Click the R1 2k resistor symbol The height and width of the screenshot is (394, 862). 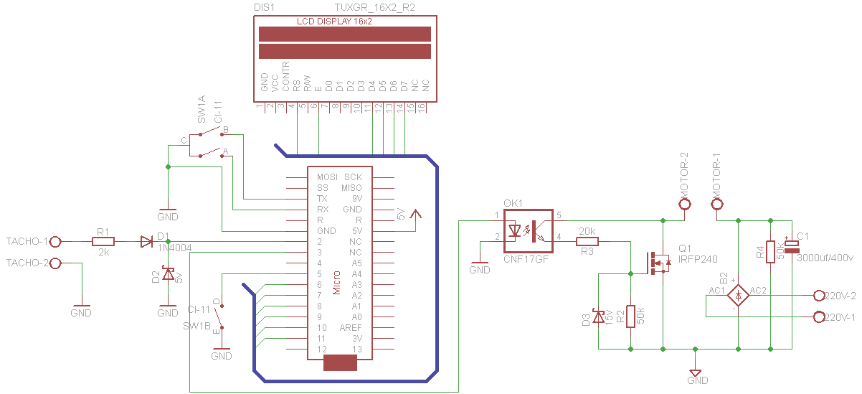103,242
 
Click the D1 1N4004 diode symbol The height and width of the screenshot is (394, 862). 146,242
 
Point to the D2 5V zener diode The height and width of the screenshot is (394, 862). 168,274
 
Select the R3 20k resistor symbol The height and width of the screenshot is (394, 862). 587,242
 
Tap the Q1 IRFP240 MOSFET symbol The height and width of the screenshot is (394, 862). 659,263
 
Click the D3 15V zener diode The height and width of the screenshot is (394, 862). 598,316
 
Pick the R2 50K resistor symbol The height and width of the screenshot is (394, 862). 630,316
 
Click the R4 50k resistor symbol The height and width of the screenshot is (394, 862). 770,251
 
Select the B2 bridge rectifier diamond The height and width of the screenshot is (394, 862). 738,295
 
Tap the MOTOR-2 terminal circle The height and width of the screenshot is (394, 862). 684,204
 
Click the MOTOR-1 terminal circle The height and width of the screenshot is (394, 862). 716,204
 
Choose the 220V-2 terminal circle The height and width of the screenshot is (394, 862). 819,295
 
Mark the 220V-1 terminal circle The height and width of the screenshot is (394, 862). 819,316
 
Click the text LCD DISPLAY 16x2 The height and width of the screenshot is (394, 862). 333,22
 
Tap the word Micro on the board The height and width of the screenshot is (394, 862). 336,282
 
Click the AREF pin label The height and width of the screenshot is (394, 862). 351,327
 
